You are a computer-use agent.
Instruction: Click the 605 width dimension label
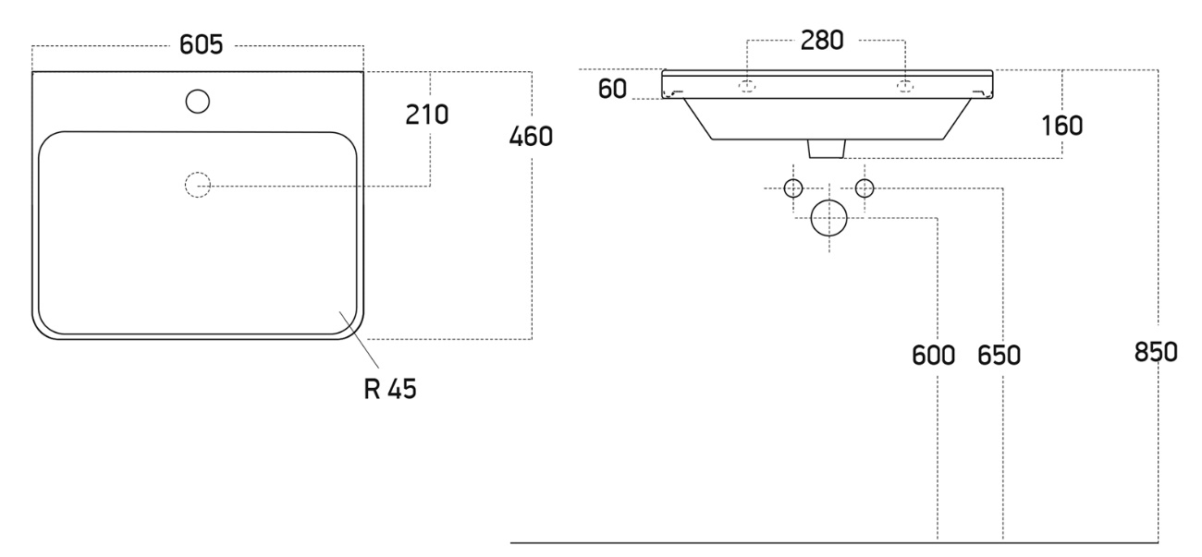point(202,46)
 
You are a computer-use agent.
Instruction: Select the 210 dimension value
point(426,115)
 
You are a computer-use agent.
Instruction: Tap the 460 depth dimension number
point(531,137)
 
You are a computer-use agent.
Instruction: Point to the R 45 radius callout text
point(389,389)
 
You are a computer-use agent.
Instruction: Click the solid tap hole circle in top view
point(197,101)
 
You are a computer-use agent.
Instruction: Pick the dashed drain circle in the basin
point(198,186)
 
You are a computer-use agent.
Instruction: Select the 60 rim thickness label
point(612,89)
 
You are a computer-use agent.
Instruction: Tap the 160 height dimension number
point(1062,125)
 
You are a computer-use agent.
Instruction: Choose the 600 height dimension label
point(933,354)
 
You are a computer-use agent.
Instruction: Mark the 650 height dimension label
point(999,354)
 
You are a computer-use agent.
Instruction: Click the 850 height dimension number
point(1156,352)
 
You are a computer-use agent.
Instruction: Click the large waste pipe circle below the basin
point(828,218)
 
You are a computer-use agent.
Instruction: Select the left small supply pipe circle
point(793,188)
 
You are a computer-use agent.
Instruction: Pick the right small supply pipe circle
point(865,188)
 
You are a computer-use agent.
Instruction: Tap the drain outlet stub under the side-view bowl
point(828,149)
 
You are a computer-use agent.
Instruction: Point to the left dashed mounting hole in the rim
point(747,86)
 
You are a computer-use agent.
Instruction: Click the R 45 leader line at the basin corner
point(360,342)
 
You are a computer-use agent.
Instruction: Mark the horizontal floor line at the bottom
point(832,542)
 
